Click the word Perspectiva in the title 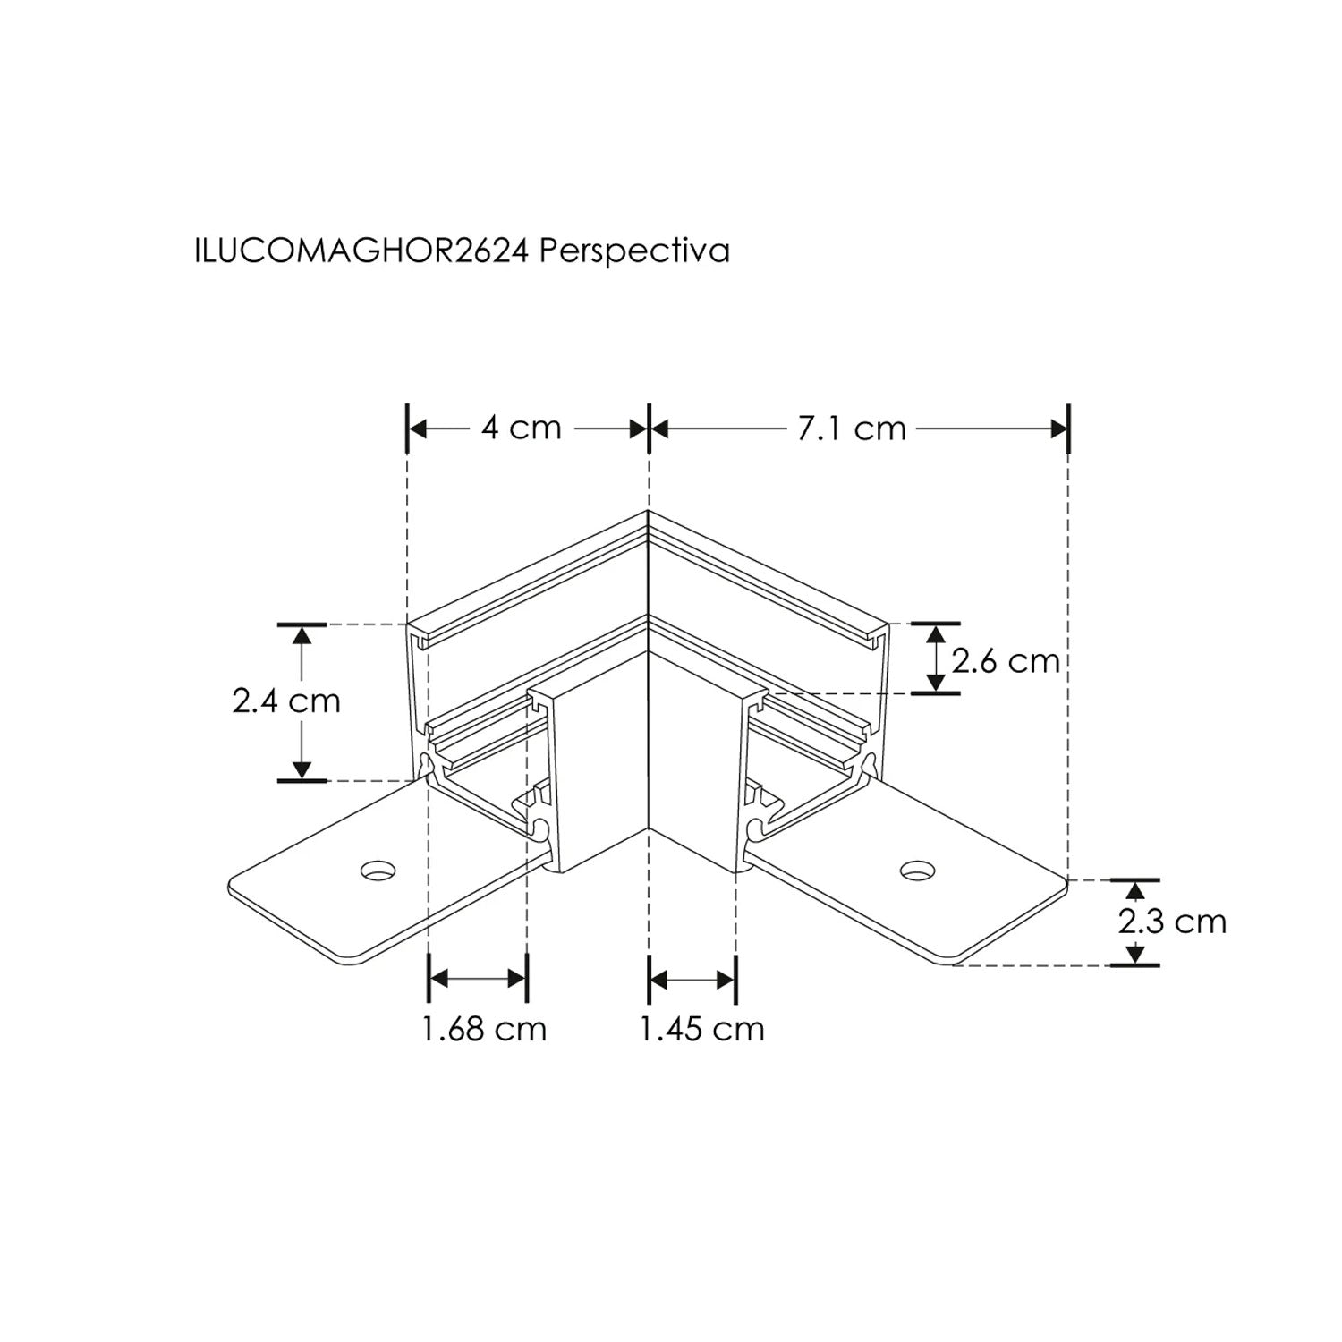[635, 251]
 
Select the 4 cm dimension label [521, 429]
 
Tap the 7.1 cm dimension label [852, 429]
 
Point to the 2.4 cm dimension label [286, 700]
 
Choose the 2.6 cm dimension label [1006, 661]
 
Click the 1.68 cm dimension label [484, 1029]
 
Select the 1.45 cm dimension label [702, 1029]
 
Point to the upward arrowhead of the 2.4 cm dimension [302, 633]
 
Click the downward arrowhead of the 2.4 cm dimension [302, 769]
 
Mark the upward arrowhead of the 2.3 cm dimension [1135, 890]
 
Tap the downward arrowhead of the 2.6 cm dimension [936, 684]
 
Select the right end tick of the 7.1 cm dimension [1068, 429]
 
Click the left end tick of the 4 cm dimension [408, 429]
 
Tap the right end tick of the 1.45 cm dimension [735, 980]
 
